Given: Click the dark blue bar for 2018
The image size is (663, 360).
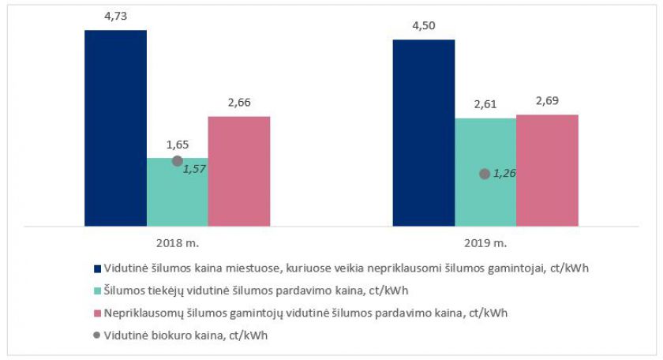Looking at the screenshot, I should coord(115,128).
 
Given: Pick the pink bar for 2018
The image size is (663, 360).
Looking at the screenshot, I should coord(239,171).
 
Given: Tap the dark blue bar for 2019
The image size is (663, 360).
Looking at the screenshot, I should coord(424,133).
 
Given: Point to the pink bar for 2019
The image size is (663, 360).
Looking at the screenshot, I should coord(547,171).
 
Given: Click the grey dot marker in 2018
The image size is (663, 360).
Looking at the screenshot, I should coord(178,161).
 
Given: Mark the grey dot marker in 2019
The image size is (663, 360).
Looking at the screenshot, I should coord(485,174).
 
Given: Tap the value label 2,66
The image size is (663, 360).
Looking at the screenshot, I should coord(239,103).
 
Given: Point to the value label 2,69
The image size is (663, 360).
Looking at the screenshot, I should coord(547,102).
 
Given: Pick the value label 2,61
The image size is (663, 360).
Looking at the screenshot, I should coord(485,105).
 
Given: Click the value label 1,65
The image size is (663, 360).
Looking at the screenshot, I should coord(178,145).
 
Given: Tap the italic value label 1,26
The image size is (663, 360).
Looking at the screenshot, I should coord(504,174).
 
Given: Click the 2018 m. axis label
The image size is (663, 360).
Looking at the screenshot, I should coord(178,242).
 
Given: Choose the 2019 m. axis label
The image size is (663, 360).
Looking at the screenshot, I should coord(485,242).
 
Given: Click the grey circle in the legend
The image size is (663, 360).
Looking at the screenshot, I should coord(97,334).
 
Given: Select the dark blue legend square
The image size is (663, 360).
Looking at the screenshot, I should coord(97,268).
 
